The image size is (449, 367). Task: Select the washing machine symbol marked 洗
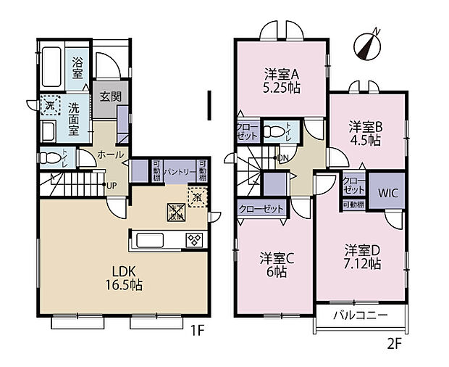point(49,106)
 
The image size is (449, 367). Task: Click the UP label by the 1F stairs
point(112,186)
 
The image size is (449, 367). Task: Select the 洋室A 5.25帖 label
point(282,81)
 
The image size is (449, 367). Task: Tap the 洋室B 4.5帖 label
point(364,133)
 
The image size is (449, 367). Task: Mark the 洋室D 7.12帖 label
point(361,257)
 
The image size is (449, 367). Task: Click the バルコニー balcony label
point(360,316)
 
